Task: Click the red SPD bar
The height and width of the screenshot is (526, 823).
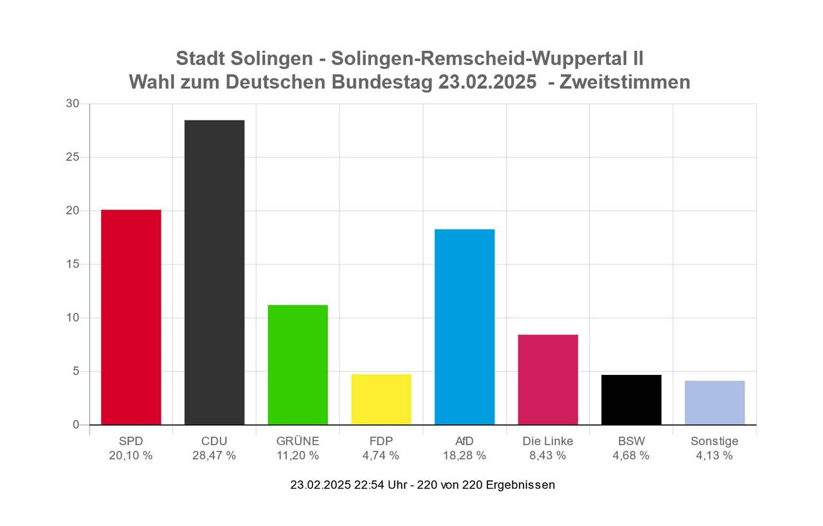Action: click(131, 317)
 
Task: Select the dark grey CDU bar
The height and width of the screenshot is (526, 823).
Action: click(214, 272)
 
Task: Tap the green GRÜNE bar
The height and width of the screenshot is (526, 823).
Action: click(298, 365)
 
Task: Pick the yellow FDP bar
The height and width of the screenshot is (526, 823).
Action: click(381, 399)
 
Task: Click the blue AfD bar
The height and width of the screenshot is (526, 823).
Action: click(464, 327)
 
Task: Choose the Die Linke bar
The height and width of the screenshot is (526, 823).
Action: click(548, 379)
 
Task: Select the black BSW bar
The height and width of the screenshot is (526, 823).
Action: click(631, 399)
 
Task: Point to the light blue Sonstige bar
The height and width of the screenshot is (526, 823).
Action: click(714, 403)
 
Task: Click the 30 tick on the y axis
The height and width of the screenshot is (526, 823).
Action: click(73, 104)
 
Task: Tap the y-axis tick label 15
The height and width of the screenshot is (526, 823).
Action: click(73, 264)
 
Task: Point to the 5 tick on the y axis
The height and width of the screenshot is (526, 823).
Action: click(76, 371)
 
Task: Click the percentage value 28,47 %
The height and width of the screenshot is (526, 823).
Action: click(214, 456)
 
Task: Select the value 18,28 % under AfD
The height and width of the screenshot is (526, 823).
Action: click(464, 456)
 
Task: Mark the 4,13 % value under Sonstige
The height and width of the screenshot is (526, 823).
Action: click(714, 456)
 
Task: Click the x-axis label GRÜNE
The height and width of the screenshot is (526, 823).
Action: click(298, 441)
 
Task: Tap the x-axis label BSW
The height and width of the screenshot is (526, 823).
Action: click(631, 441)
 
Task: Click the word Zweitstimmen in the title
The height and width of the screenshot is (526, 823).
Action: click(625, 82)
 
